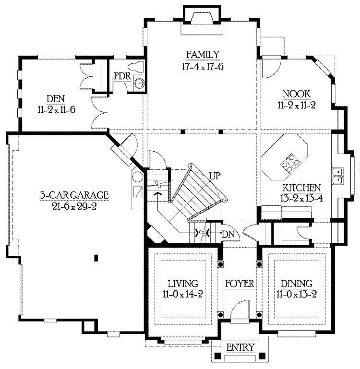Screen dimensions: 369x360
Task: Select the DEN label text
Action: pyautogui.click(x=55, y=99)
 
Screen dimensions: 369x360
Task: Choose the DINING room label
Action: pyautogui.click(x=294, y=283)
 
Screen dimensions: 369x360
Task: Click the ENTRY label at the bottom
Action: pyautogui.click(x=240, y=347)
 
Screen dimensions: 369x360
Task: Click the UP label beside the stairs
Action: pyautogui.click(x=214, y=176)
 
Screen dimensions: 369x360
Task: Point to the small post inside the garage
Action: pyautogui.click(x=96, y=258)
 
